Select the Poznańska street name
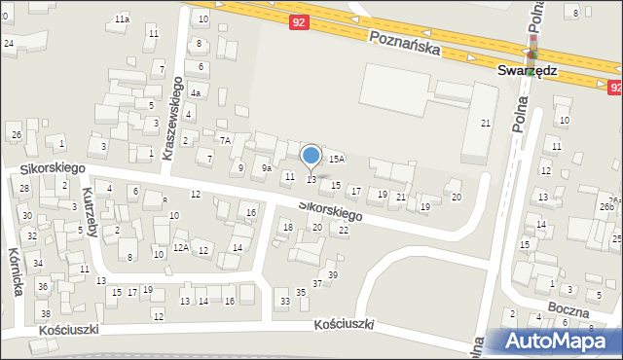(x=405, y=41)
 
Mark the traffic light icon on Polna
(x=531, y=53)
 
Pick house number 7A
(x=224, y=141)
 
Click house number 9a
(x=266, y=167)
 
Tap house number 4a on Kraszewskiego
(x=196, y=93)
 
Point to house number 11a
(x=122, y=19)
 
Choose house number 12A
(x=180, y=248)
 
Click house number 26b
(x=605, y=207)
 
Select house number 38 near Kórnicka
(x=45, y=313)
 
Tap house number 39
(x=332, y=275)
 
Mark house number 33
(x=284, y=302)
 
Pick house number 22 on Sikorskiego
(x=343, y=229)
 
